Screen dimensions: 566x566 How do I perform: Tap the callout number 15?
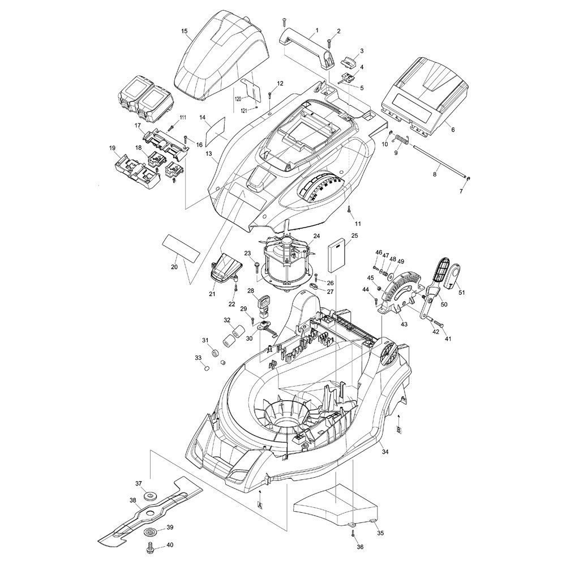tap(185, 31)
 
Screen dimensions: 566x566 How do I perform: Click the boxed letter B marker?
tap(398, 430)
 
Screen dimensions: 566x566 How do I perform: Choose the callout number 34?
tap(385, 452)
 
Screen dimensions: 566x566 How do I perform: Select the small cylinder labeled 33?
tap(207, 368)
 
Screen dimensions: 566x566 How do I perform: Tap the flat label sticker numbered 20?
tap(181, 249)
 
